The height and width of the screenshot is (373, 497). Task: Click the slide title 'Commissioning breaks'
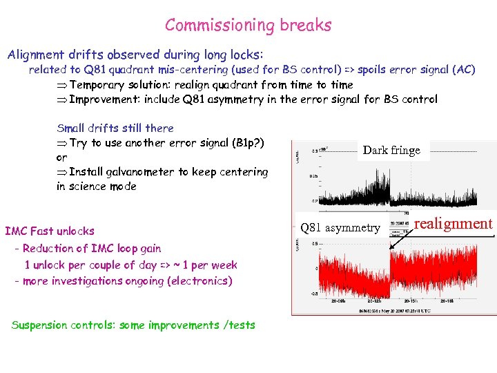(x=248, y=26)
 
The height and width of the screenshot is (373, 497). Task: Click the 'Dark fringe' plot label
(x=391, y=151)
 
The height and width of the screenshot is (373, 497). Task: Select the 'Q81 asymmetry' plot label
(x=340, y=228)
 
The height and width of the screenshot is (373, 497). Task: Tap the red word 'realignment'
(x=454, y=223)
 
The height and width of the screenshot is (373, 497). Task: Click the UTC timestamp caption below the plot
(x=393, y=312)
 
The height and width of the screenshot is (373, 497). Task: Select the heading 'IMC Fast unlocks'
(x=50, y=231)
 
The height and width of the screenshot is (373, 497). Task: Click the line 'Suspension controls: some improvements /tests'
(x=133, y=325)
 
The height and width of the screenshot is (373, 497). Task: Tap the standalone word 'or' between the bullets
(x=61, y=157)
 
